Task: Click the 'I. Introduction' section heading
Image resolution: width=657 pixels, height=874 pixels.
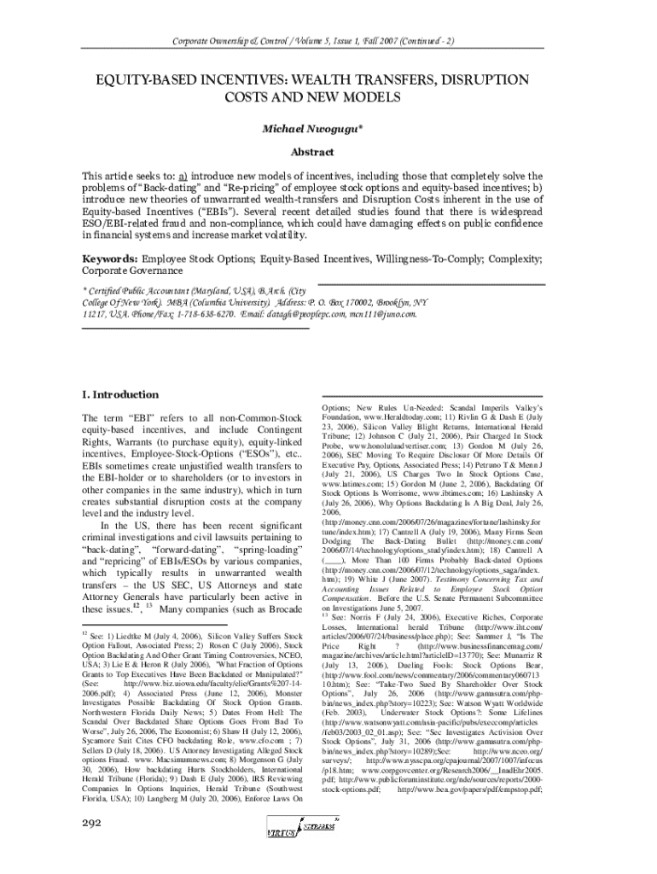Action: tap(119, 395)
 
